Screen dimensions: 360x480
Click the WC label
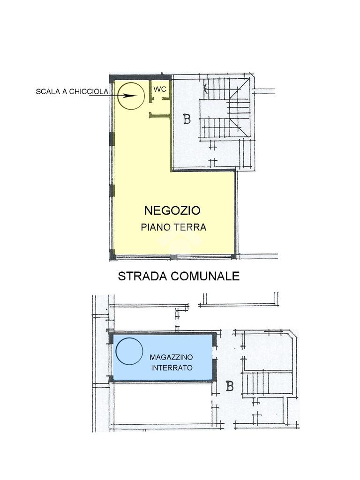click(x=160, y=89)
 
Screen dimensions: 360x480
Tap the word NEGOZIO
click(x=172, y=210)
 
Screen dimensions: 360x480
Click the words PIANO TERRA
click(x=173, y=227)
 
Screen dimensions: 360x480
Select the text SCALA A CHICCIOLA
click(x=72, y=91)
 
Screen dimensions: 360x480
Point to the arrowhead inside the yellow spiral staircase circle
click(x=130, y=96)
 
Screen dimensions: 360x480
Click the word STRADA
click(x=142, y=276)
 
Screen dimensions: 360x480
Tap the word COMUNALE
click(x=205, y=276)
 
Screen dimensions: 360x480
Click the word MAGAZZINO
click(x=172, y=357)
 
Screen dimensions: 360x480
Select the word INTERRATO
click(x=172, y=367)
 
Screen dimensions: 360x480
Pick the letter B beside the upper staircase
click(x=187, y=119)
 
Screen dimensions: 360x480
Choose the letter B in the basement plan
click(x=230, y=386)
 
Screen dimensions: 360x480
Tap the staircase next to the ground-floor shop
click(x=227, y=109)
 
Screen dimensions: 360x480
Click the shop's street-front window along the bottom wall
click(x=173, y=257)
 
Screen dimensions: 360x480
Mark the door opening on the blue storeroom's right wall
click(x=215, y=352)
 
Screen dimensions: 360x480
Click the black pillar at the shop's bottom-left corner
click(x=112, y=254)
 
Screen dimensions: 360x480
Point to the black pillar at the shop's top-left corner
click(x=112, y=78)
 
